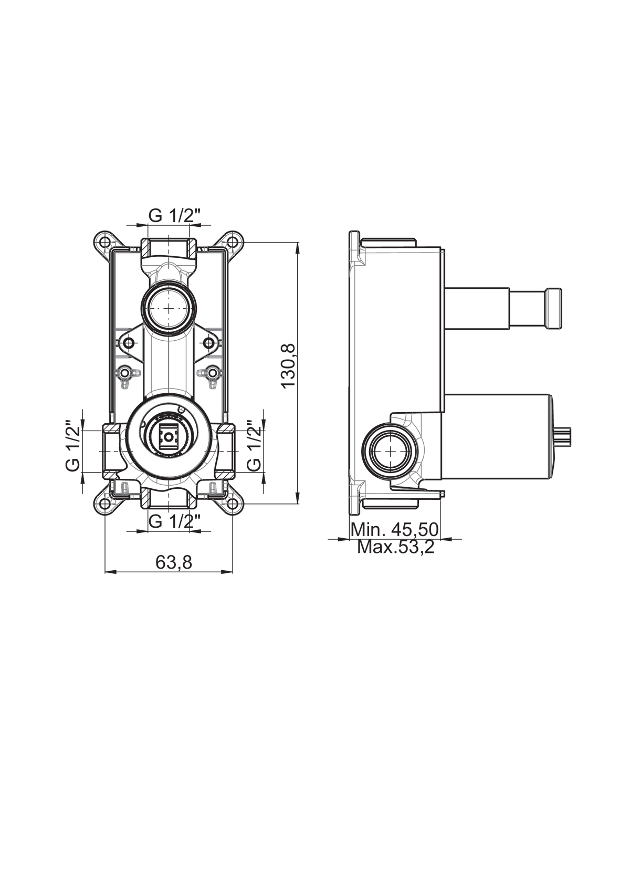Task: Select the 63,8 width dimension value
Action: tap(174, 562)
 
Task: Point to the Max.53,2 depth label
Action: tap(396, 547)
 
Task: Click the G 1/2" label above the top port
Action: tap(174, 216)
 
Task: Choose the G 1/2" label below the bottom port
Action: tap(174, 521)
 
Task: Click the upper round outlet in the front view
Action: tap(169, 308)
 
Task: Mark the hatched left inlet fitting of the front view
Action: tap(111, 451)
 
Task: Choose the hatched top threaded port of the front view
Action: tap(169, 248)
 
